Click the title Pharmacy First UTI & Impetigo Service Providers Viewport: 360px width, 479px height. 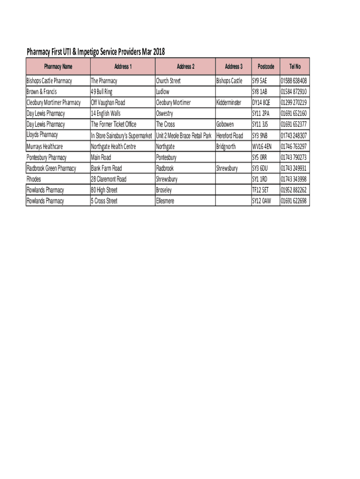pos(96,51)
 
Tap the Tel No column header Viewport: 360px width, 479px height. pos(295,66)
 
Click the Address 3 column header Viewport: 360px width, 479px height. pos(233,66)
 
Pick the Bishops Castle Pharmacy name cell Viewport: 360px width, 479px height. pos(50,81)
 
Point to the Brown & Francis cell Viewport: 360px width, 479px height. pos(42,92)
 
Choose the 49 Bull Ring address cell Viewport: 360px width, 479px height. pos(101,92)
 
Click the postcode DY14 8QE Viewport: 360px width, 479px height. pos(261,102)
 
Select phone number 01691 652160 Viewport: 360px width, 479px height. pos(294,114)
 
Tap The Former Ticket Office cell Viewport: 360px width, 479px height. pos(114,124)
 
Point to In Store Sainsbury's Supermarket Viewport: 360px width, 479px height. pos(122,136)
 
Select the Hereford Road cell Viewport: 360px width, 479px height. pos(230,136)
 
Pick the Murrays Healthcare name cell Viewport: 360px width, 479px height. pos(45,146)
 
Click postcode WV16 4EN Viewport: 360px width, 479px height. pos(262,146)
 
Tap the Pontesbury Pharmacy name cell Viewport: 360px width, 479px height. pos(47,157)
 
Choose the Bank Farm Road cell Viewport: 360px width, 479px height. pos(106,168)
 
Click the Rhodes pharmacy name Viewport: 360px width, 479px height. pos(34,179)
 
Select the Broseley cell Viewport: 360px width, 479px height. pos(164,190)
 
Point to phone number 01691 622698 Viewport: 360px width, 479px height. pos(294,201)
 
